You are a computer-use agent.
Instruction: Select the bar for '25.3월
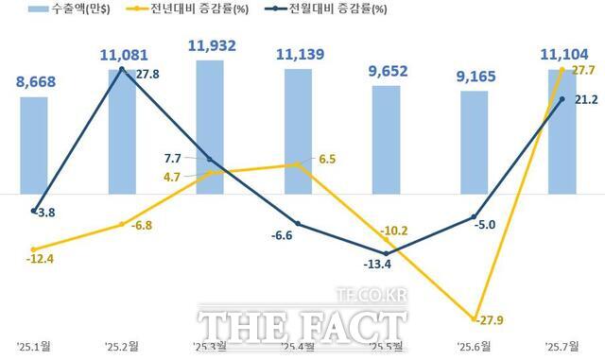(x=210, y=113)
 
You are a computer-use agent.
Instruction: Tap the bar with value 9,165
(x=475, y=142)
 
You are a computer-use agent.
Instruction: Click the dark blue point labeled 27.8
(x=123, y=71)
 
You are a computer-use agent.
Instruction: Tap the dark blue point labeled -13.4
(x=387, y=253)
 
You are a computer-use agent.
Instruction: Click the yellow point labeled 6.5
(x=298, y=164)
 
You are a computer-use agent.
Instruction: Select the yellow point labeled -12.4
(x=33, y=249)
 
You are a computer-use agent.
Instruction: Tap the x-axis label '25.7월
(x=562, y=346)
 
